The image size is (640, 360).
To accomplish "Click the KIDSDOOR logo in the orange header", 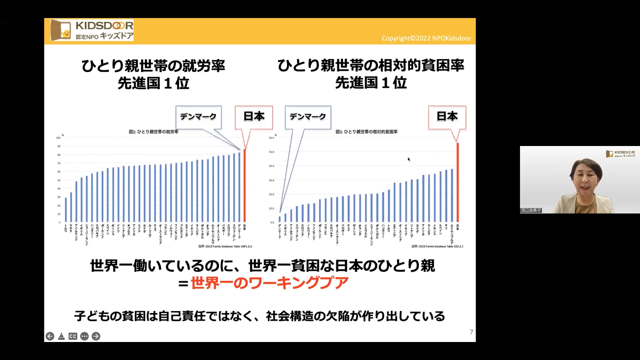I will coord(92,30).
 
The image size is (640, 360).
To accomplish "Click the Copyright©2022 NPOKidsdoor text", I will coord(426,38).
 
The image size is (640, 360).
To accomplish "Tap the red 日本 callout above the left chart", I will coord(254,117).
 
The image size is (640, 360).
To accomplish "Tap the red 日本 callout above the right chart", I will coord(447,117).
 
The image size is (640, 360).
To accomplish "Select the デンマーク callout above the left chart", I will coord(198,117).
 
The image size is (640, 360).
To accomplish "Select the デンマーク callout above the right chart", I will coord(308,117).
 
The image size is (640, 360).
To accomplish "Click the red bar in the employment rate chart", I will coord(245,185).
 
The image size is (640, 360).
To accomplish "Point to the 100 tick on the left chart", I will coord(58,138).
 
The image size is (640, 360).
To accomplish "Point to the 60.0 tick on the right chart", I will coord(271,138).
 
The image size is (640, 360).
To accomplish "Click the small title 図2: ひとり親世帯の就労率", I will coord(154,132).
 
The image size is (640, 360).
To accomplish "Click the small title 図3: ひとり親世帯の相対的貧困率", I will coord(366,132).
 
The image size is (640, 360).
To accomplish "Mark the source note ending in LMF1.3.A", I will coord(225,246).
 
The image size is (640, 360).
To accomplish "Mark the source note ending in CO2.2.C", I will coord(437,246).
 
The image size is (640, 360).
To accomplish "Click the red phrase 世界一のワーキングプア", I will coord(269,283).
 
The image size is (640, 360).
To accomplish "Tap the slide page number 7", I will coord(471,332).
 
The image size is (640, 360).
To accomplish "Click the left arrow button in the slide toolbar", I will coord(50,336).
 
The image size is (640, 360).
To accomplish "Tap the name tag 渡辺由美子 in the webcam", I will coord(531,210).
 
